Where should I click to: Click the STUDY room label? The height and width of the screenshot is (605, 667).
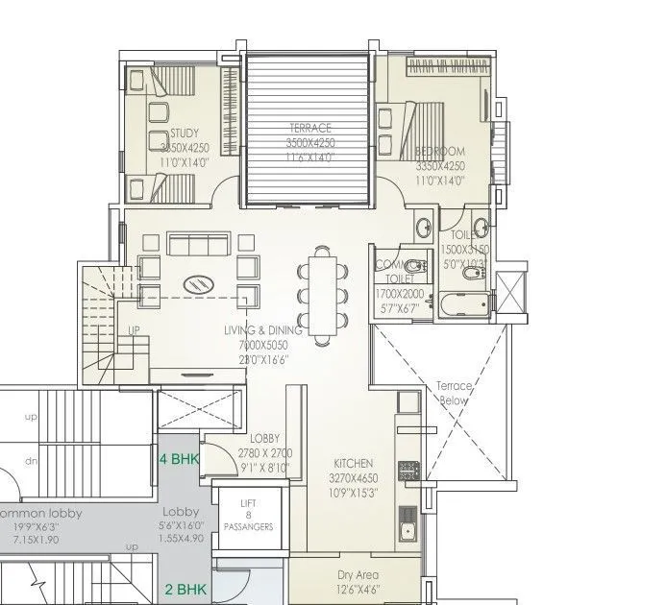click(184, 133)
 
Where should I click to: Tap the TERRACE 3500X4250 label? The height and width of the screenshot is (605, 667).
click(310, 128)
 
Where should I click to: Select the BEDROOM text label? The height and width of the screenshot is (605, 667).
click(440, 152)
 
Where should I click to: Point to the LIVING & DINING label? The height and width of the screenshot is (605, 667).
click(262, 330)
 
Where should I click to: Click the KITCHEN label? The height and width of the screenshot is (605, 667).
click(353, 463)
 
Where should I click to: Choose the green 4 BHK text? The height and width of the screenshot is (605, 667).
click(179, 458)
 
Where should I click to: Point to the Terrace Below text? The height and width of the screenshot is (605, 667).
click(453, 392)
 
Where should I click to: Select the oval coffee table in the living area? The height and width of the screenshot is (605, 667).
click(199, 283)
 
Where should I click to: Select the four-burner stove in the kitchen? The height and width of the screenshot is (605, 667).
click(408, 471)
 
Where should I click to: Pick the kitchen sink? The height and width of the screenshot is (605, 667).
click(408, 529)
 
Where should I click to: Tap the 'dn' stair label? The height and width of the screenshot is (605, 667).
click(31, 461)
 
